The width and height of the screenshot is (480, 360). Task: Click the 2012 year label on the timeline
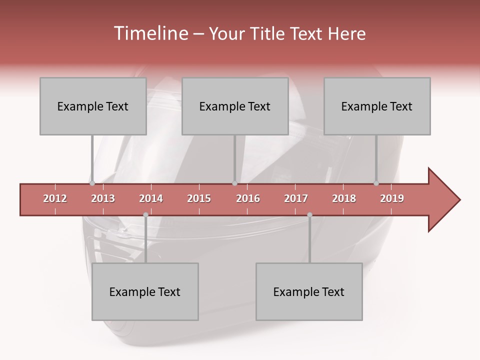tap(55, 198)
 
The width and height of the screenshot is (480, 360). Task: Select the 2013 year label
tap(103, 198)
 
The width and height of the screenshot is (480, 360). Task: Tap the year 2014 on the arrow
tap(151, 198)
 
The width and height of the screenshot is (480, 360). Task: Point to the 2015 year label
tap(199, 198)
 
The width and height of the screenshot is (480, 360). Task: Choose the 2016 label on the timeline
tap(248, 198)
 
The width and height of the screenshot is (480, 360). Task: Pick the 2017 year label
tap(296, 198)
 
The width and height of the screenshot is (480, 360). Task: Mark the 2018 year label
tap(344, 198)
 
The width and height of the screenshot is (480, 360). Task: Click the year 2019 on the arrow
tap(392, 198)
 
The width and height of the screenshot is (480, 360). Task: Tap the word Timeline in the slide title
tap(149, 33)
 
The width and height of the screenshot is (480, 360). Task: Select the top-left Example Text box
tap(93, 106)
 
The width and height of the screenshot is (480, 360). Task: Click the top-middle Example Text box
tap(235, 106)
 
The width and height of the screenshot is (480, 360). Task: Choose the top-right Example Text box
tap(377, 106)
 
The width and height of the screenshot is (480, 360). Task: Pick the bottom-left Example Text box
tap(145, 291)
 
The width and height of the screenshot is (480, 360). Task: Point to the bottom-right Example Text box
tap(309, 291)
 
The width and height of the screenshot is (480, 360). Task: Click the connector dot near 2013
tap(92, 183)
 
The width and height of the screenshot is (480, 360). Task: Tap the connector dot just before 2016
tap(234, 183)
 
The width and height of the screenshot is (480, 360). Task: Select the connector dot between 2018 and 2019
tap(376, 183)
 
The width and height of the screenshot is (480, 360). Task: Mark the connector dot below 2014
tap(145, 215)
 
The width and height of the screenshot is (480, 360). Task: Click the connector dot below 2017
tap(309, 215)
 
